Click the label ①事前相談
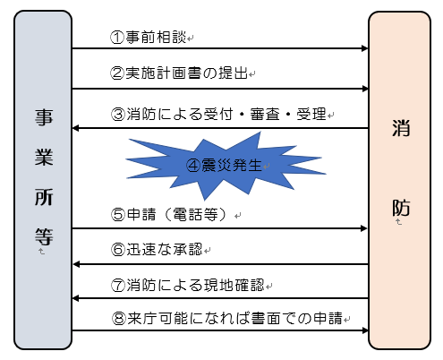(149, 38)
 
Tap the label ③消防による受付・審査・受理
(220, 115)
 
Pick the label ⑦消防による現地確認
(189, 287)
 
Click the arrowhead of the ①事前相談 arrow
(364, 49)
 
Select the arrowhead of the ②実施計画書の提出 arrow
(364, 88)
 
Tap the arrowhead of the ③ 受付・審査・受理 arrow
(77, 128)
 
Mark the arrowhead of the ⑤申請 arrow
(364, 228)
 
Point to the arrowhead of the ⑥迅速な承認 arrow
(77, 264)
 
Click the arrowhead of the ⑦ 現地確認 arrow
(77, 300)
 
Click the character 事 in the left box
(41, 118)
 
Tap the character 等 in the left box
(41, 236)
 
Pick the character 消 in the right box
(402, 128)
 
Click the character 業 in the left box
(41, 158)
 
